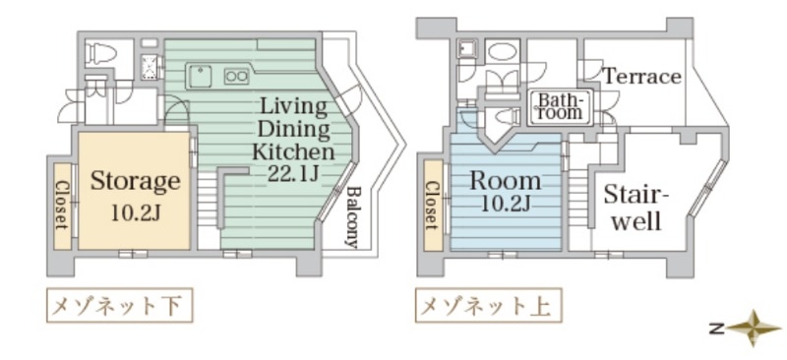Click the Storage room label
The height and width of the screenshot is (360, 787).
pos(135,181)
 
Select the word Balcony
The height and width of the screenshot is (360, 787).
pos(353,215)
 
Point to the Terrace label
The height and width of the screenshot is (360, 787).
pos(641,76)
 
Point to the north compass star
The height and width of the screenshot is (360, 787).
pos(754,327)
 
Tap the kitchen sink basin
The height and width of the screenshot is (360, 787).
pos(199,73)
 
